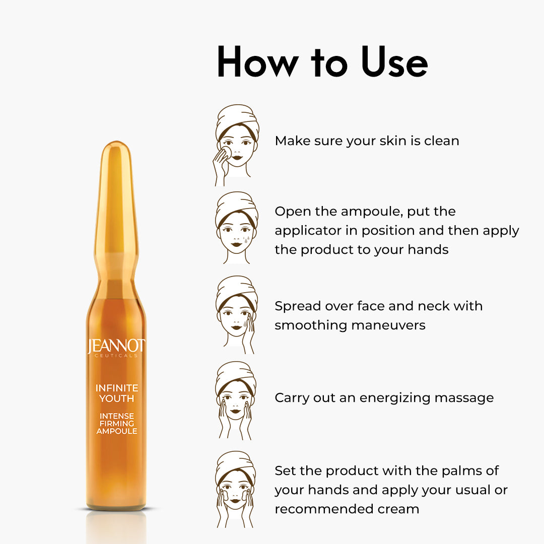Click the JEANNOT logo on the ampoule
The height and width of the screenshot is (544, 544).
click(x=116, y=346)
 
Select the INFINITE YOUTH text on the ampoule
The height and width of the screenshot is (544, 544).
click(x=116, y=393)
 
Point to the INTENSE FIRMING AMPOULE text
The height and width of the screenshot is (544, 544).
click(x=116, y=423)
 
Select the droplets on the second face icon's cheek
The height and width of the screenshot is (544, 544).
click(x=246, y=239)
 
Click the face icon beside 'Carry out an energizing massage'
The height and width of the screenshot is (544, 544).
click(x=236, y=400)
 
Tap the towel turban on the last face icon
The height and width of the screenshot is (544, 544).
click(x=235, y=466)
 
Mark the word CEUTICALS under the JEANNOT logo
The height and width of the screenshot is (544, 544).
click(x=116, y=356)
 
